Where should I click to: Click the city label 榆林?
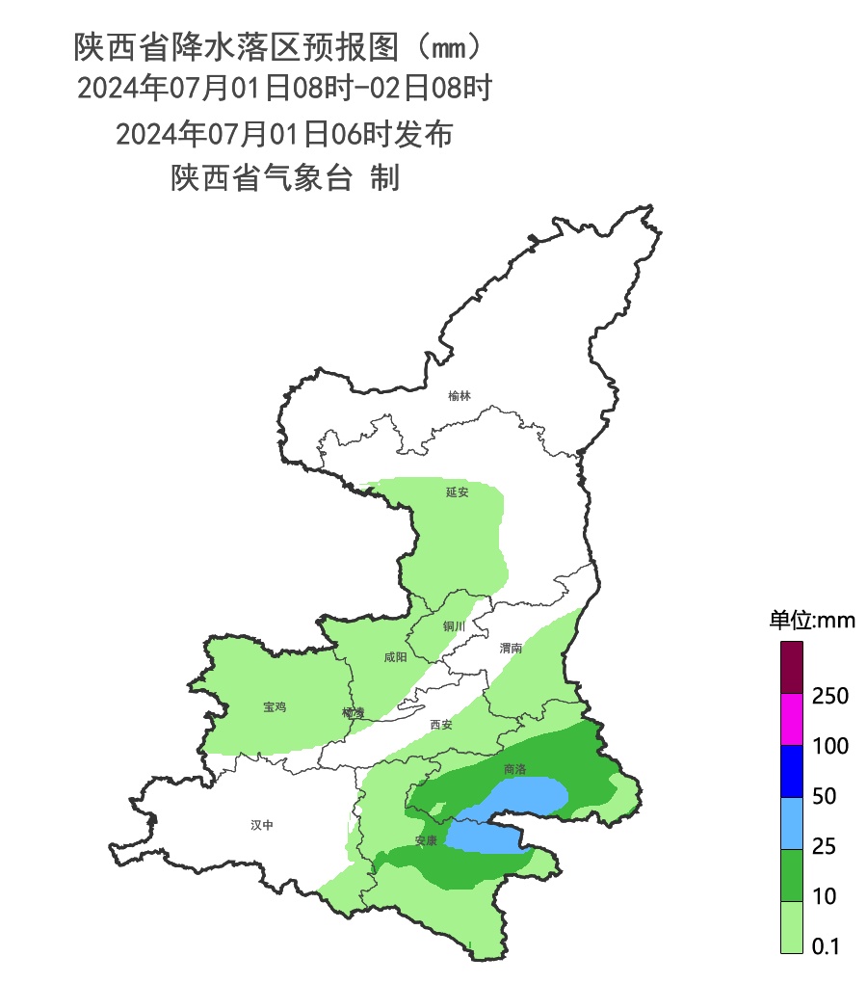click(x=460, y=396)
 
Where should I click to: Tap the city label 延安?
click(x=457, y=492)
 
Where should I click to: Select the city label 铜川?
click(x=454, y=626)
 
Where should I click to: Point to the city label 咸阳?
click(x=395, y=658)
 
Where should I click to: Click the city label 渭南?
click(x=511, y=649)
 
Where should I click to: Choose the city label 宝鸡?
click(x=275, y=707)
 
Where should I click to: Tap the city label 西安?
click(x=441, y=725)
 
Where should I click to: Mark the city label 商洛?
click(x=515, y=770)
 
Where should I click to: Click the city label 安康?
click(x=426, y=841)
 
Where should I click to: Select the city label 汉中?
click(x=262, y=825)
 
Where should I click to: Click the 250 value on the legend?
click(x=829, y=696)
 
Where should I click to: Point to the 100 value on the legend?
click(x=829, y=746)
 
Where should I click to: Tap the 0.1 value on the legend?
click(x=826, y=946)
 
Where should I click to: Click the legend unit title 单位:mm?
click(x=811, y=620)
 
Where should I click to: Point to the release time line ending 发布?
click(x=284, y=134)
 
